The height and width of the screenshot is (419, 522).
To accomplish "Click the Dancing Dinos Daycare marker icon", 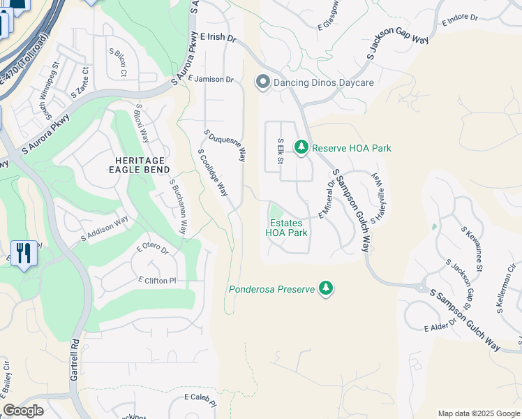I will (263, 83).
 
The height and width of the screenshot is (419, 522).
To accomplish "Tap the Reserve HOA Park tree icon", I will (301, 147).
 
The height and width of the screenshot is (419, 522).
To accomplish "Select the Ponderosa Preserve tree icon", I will (325, 288).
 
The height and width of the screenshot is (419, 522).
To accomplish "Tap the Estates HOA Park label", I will (287, 228).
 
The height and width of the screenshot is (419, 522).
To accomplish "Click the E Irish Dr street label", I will (218, 37).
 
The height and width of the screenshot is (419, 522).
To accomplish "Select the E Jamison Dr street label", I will (210, 80).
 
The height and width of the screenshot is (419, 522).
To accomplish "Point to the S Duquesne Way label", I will (225, 145).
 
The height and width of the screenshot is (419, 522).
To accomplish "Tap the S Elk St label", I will (281, 150).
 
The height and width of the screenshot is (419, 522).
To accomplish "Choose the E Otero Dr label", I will (153, 249).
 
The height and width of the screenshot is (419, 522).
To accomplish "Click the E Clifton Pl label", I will (157, 280).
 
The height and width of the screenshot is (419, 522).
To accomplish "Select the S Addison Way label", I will (105, 229).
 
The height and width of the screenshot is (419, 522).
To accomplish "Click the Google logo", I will (24, 411).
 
